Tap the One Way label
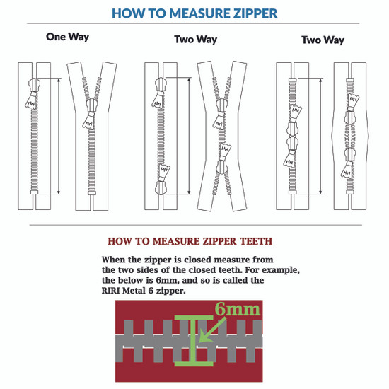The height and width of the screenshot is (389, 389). (67, 37)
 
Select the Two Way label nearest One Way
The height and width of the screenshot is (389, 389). (196, 40)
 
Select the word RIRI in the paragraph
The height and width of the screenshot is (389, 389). (115, 290)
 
